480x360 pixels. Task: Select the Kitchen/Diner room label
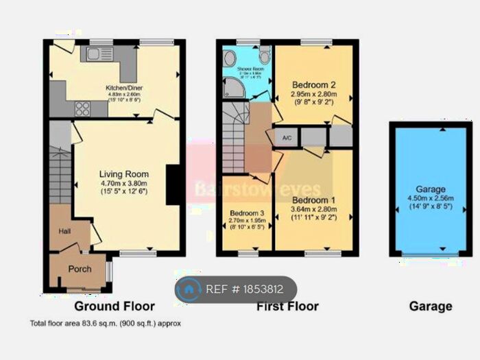123,88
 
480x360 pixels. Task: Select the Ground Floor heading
114,306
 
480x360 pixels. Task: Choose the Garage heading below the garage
430,306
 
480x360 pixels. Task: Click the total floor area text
105,323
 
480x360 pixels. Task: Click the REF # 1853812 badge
237,289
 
